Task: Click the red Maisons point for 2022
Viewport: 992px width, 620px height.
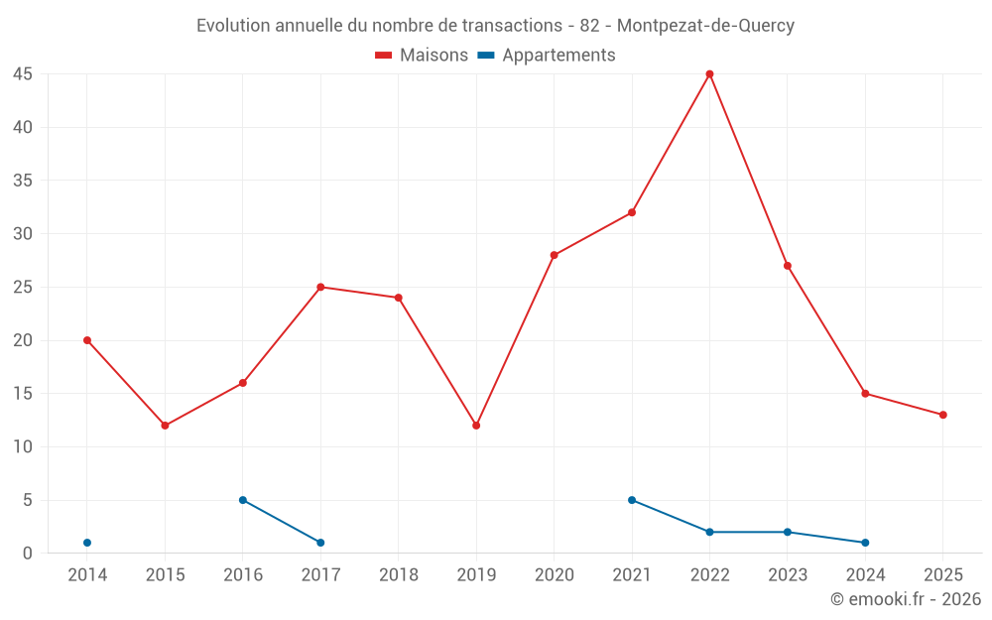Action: [709, 73]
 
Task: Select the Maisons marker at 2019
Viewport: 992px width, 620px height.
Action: [476, 426]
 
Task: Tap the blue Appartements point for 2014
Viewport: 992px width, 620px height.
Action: [87, 543]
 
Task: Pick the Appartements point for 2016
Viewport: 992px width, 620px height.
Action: [243, 500]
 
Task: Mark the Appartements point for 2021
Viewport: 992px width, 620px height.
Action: [632, 500]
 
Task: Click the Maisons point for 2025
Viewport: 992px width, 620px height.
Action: [943, 415]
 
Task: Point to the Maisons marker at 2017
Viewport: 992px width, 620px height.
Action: [320, 287]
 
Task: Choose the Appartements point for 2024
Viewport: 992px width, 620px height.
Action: [865, 543]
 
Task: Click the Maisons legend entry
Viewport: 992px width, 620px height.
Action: [422, 56]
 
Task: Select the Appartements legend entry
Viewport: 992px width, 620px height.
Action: [547, 56]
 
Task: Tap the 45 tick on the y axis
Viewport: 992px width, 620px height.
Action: [23, 74]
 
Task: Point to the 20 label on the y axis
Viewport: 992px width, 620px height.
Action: [23, 340]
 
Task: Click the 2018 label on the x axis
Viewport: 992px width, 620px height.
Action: [399, 575]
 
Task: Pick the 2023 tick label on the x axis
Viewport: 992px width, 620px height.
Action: [788, 575]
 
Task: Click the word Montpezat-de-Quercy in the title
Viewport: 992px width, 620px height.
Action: [705, 26]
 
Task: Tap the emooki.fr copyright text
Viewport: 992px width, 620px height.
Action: [906, 599]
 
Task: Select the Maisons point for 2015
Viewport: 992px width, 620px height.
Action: [165, 426]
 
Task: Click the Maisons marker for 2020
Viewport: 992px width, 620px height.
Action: [555, 255]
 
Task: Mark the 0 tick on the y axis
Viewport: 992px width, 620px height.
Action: [28, 554]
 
